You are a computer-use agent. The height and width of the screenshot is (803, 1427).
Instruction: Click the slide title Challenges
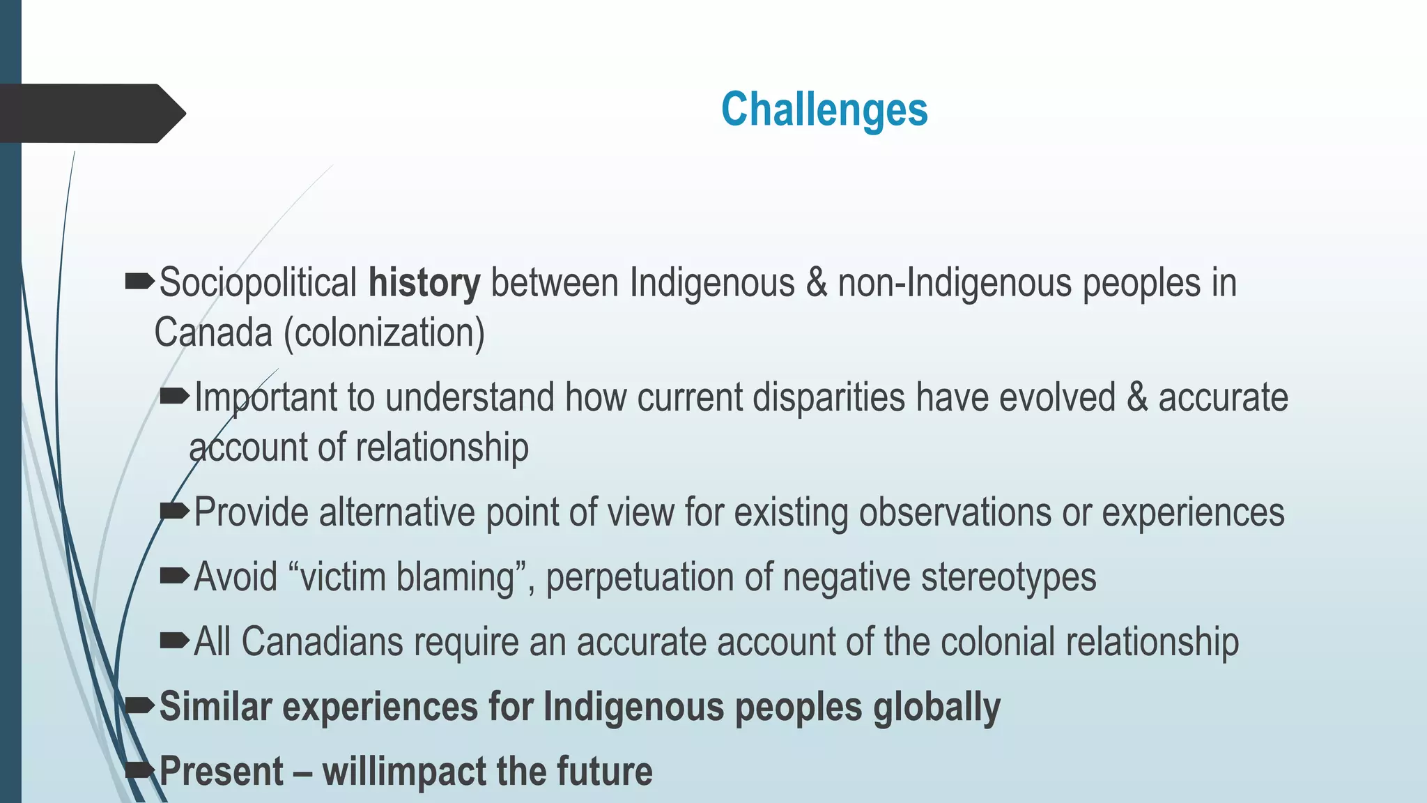tap(824, 110)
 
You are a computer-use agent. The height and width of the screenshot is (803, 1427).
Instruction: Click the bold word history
tap(424, 283)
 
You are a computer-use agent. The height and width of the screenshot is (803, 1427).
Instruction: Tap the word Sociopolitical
tap(258, 283)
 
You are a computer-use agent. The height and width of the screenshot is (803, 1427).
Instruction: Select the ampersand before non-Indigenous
tap(816, 283)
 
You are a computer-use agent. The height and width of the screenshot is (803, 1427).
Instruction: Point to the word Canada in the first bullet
tap(213, 332)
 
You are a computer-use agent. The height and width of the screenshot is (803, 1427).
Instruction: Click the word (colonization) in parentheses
tap(384, 332)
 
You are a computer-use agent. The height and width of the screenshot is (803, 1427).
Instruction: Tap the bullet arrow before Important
tap(174, 397)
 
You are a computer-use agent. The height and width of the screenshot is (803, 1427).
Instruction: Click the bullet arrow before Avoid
tap(174, 576)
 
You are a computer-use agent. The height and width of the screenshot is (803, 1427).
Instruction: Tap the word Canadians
tap(322, 641)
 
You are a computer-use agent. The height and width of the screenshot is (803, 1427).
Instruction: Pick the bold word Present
tap(222, 772)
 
